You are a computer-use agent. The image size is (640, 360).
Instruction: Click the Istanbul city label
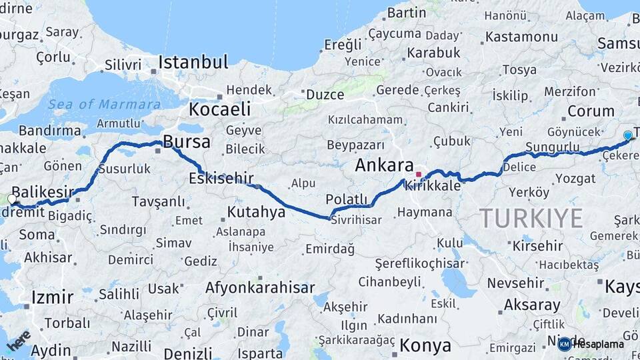193,63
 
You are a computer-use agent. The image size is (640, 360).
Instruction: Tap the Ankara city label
384,165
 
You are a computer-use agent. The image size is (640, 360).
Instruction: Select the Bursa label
187,142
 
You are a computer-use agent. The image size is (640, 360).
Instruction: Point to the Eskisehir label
221,178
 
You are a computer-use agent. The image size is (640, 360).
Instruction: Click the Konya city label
425,345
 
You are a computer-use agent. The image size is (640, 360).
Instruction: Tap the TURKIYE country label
531,218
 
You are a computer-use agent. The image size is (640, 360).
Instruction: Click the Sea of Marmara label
104,104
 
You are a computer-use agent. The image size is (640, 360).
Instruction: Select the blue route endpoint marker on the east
627,135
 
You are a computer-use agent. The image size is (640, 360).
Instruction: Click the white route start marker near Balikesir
12,199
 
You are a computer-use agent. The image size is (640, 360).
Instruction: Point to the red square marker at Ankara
419,175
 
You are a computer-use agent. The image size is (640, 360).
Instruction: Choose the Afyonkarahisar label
260,288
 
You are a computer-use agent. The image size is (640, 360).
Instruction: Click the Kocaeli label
219,109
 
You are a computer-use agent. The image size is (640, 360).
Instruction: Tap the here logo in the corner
19,340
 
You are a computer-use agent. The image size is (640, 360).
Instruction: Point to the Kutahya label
257,212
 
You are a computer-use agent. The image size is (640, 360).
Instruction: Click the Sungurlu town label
552,147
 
